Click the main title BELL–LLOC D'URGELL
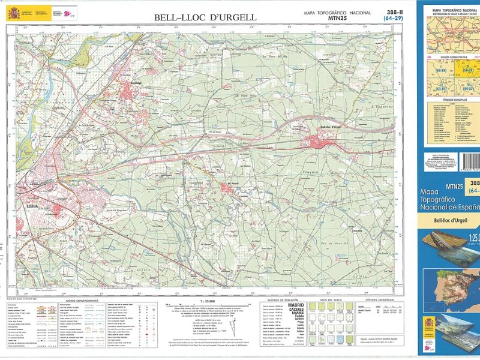point(205,17)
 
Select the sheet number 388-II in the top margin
point(394,12)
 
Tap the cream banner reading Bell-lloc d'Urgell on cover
point(452,221)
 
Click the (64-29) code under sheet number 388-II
point(394,19)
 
